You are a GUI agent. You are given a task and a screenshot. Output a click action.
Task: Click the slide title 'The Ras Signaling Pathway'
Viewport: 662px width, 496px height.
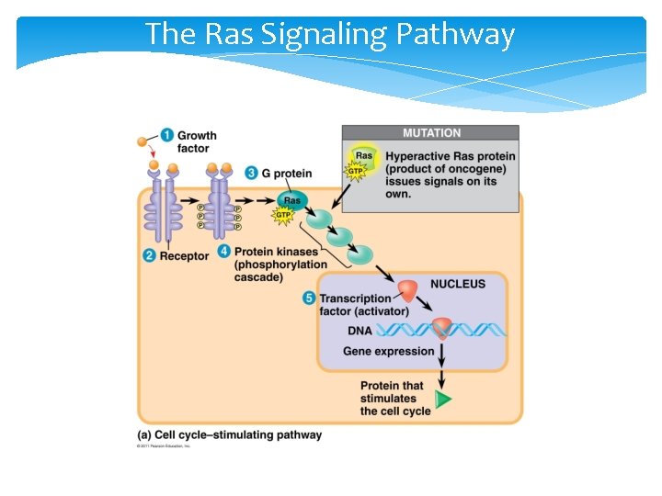330,34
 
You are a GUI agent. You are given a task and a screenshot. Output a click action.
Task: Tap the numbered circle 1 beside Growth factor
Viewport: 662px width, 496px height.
166,135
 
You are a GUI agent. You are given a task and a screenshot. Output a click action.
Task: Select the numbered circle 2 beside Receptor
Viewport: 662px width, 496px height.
149,256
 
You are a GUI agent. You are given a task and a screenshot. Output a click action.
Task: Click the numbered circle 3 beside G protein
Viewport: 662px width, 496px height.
251,173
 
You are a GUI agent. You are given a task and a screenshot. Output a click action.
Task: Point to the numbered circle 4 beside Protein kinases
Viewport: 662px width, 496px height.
223,252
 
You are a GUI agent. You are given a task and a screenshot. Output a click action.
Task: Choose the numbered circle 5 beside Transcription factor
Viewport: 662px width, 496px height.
309,298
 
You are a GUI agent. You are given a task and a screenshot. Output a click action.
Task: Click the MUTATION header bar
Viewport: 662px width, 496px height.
430,133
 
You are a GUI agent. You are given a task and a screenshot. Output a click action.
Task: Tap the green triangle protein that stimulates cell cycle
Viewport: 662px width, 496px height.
444,400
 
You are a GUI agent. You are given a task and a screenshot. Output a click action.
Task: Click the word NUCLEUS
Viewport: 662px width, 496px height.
457,284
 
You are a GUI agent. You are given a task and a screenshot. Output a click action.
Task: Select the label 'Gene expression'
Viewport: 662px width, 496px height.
388,351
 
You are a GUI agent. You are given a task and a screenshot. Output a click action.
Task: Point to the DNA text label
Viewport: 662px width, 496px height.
360,331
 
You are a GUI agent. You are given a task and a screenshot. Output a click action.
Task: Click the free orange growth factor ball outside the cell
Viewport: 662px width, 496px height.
143,142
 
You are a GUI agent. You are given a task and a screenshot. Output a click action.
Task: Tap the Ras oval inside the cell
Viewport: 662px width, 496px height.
292,200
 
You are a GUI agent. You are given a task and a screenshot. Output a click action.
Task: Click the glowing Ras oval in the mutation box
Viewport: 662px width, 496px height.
363,156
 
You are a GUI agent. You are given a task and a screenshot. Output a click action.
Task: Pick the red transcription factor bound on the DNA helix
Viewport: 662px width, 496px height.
442,327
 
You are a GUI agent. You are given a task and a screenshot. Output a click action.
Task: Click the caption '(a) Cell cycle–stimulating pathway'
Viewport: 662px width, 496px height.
230,434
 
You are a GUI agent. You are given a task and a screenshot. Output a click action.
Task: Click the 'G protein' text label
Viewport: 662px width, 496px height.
287,173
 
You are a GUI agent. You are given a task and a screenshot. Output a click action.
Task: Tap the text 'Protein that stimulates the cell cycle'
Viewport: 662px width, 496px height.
394,399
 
